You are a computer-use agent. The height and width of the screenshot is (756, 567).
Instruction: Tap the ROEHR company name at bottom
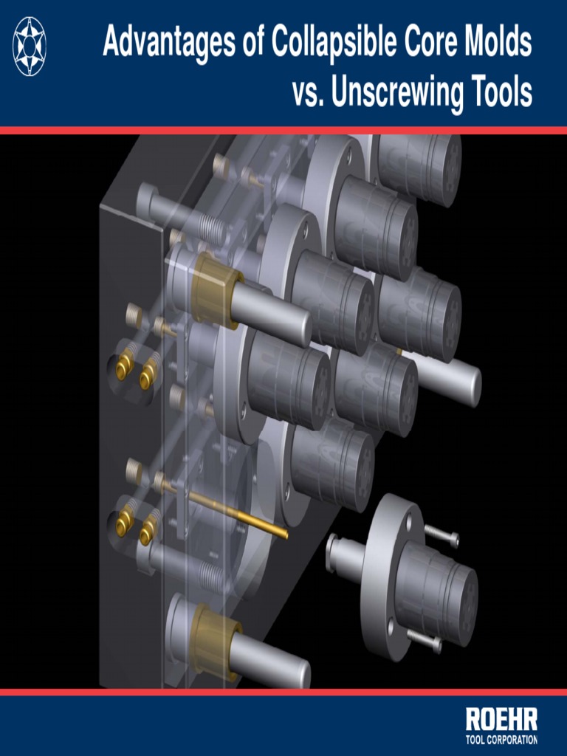[501, 720]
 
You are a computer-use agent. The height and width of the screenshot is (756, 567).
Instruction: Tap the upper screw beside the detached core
[441, 535]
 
